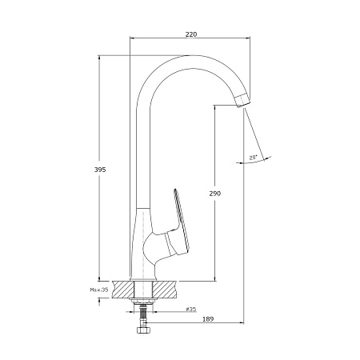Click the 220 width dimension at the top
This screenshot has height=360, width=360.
pos(190,34)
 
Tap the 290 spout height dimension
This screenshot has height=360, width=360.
pos(214,193)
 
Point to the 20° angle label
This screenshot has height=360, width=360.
pos(254,158)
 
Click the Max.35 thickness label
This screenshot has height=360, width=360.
pos(98,289)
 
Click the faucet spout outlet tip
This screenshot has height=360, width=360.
pos(242,102)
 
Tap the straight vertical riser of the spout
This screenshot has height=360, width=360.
pos(142,152)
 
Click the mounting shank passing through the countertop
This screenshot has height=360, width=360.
pos(145,289)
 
